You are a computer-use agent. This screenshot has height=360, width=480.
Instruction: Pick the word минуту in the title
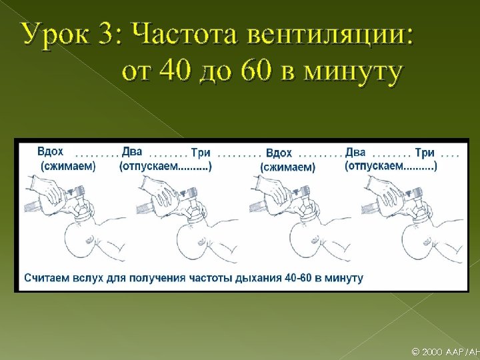[355, 73]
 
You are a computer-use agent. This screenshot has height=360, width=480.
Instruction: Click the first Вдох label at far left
[51, 152]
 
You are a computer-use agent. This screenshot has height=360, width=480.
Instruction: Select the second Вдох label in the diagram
[279, 153]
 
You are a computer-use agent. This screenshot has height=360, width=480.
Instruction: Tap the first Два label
[132, 152]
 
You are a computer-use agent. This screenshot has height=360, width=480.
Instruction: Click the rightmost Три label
[425, 153]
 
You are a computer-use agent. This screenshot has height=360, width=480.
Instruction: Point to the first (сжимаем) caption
[68, 166]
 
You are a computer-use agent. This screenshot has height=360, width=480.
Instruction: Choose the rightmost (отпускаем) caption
[391, 166]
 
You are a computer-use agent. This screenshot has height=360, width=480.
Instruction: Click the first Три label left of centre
[201, 153]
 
